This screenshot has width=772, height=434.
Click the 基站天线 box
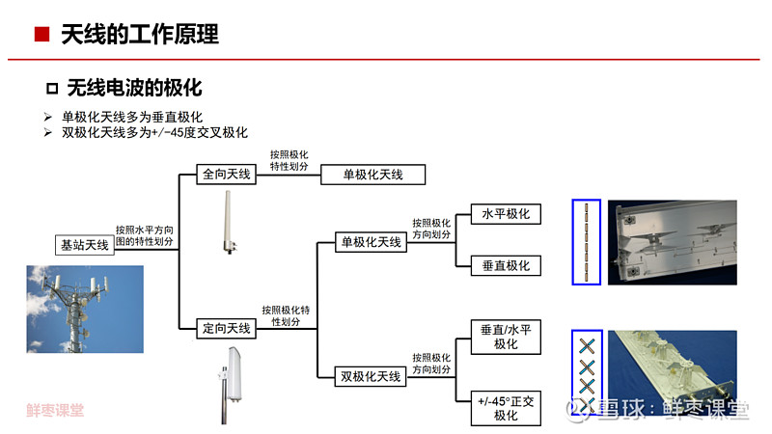coord(85,245)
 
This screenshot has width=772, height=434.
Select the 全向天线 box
coord(226,174)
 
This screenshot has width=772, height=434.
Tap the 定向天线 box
coord(226,328)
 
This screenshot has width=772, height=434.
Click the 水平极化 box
coord(506,214)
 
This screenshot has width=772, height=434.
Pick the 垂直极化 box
coord(506,266)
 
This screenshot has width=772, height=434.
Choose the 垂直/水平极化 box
coord(506,337)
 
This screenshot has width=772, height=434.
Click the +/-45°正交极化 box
coord(506,408)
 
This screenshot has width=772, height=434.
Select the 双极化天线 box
coord(371,376)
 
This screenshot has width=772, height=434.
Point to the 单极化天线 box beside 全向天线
coord(372,175)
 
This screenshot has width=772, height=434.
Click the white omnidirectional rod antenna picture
coord(229,223)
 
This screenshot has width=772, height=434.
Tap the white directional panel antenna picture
coord(231,385)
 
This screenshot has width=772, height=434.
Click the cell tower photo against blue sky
coord(85,309)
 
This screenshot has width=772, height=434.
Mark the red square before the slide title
coord(41,35)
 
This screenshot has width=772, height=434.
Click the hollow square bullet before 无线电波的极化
coord(52,89)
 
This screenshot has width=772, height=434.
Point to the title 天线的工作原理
coord(140,35)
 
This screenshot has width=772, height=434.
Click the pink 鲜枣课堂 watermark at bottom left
coord(55,410)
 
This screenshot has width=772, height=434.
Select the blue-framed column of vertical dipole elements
coord(587,242)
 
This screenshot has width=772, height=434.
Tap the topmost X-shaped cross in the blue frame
coord(587,346)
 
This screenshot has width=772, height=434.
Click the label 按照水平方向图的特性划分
coord(144,235)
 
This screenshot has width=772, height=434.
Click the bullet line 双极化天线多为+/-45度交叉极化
coord(154,132)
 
